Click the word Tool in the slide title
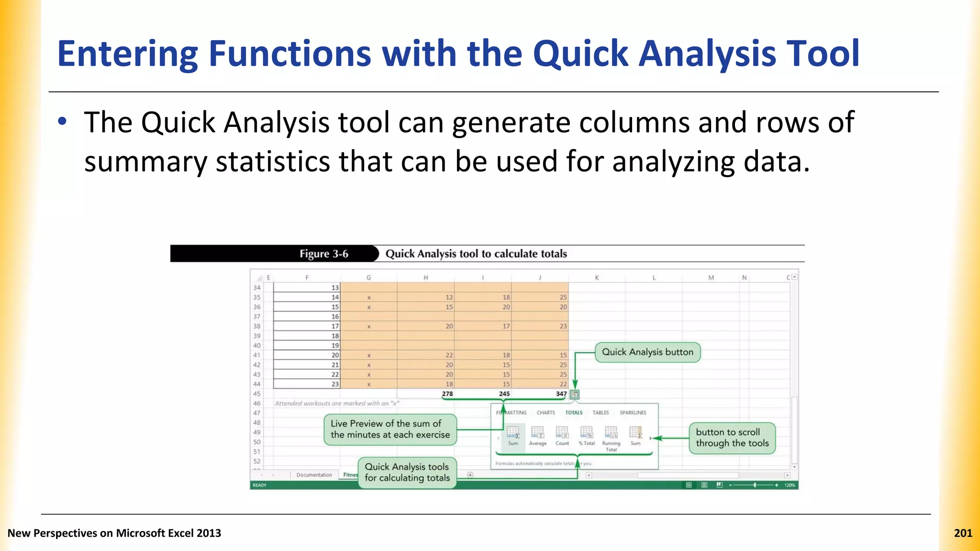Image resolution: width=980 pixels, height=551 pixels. coord(823,54)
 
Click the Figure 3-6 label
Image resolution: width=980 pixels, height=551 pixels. coord(323,254)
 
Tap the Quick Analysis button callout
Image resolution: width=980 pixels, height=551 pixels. coord(647,352)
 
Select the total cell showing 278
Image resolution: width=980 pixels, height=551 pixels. coord(447,394)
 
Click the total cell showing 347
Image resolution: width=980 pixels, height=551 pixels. coord(561,394)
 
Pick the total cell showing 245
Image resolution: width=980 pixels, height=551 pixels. coord(504,394)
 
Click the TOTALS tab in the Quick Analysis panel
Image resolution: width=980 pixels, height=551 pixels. coord(573,412)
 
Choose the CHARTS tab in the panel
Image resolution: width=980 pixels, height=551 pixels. coord(546,412)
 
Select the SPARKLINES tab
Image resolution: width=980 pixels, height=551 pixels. coord(633,412)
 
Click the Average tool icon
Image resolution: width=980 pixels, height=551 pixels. coord(537,433)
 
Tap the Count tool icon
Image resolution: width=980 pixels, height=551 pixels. coord(562,433)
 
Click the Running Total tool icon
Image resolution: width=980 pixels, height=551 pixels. coord(611,433)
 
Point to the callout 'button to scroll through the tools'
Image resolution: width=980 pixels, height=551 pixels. coord(732,438)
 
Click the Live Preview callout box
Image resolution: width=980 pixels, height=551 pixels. coord(390,429)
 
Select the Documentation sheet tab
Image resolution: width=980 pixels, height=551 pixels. coord(314,475)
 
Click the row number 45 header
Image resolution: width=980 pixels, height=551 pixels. coord(257,394)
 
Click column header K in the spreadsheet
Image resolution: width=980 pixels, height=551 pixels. coord(597,277)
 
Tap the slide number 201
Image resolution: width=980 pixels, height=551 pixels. coord(963,533)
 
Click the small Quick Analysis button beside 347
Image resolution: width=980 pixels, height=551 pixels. coord(575,395)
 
